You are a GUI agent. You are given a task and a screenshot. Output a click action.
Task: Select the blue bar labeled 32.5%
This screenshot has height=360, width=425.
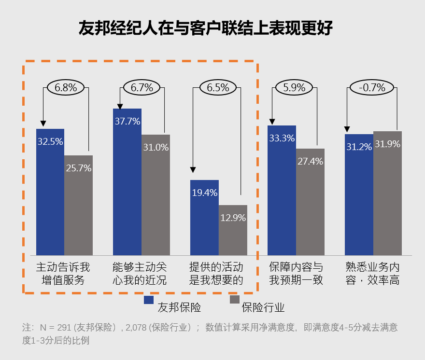point(50,193)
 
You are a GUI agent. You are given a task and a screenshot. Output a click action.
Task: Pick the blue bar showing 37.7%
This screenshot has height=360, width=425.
point(127,183)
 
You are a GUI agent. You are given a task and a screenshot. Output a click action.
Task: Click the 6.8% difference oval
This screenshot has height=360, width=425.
point(65,88)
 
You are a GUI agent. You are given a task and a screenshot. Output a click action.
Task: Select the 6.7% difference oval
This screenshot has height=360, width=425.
point(142,88)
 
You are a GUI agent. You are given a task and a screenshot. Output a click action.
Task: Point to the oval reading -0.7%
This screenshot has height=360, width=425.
point(372,88)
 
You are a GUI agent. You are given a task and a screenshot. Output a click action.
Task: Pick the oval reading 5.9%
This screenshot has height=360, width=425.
point(295,88)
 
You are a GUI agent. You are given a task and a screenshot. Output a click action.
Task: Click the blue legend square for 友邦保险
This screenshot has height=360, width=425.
point(149,300)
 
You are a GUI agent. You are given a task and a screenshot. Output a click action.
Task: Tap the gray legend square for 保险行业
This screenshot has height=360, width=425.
point(235,300)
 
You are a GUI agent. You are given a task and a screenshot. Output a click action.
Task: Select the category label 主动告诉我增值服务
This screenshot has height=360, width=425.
point(63,274)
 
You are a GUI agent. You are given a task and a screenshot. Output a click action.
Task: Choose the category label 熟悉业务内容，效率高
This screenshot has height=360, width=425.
point(372,274)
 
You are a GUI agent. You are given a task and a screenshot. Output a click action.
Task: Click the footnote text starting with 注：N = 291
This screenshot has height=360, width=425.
point(210,333)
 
